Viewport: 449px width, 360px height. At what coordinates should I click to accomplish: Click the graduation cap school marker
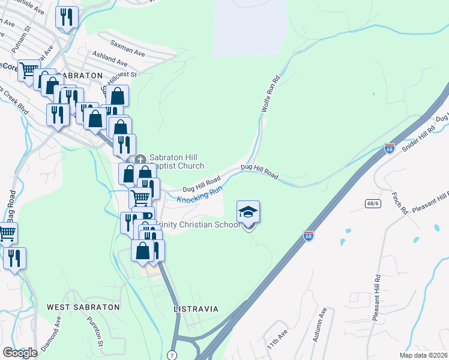[249, 213]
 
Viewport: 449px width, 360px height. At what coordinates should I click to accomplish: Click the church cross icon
[140, 159]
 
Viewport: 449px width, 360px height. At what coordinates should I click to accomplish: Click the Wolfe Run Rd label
[271, 95]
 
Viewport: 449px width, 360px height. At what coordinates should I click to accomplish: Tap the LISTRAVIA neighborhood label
[195, 308]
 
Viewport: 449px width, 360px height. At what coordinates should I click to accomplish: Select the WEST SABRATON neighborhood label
[83, 307]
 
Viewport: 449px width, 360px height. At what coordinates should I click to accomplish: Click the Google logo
[20, 353]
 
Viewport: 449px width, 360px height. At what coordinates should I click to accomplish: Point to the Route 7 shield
[172, 355]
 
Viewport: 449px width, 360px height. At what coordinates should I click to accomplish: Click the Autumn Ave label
[319, 325]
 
